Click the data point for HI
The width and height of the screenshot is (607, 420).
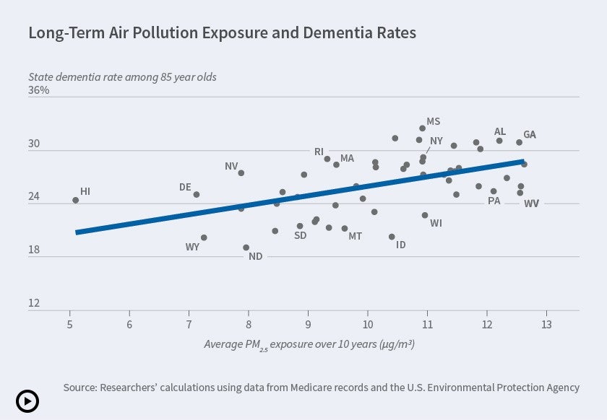pos(75,200)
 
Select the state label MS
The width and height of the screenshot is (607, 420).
pos(433,121)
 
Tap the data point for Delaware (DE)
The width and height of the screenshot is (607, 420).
pos(196,194)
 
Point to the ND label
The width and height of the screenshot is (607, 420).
pos(255,256)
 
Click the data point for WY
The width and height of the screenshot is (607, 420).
pos(204,237)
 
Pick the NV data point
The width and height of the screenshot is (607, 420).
pos(241,173)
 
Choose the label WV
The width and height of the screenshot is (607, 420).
pos(531,204)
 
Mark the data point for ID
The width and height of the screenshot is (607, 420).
pos(392,237)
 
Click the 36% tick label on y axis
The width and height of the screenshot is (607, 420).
pos(39,90)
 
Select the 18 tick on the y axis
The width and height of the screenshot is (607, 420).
pos(34,250)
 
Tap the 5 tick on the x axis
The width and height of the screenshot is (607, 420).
pos(69,323)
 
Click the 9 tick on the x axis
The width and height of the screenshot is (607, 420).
pos(308,323)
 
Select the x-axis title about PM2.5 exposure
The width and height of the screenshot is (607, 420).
pos(309,344)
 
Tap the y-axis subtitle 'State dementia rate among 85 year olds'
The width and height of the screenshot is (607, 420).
pos(122,76)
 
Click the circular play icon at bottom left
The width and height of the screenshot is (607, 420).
pos(27,401)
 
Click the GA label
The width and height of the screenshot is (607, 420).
pos(530,135)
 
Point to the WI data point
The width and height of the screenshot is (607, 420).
pos(425,215)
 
